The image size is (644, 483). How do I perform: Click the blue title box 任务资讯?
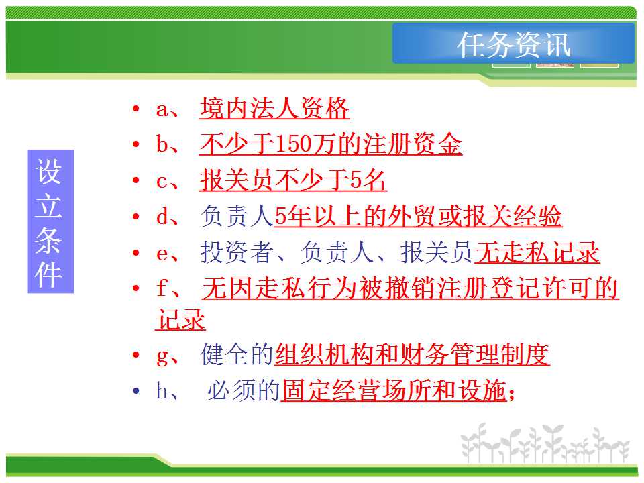(513, 44)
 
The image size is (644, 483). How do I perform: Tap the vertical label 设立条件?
(50, 221)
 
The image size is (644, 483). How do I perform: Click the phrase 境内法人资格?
(274, 109)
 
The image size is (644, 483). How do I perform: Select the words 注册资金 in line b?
(413, 144)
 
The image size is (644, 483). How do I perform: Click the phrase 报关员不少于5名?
(293, 180)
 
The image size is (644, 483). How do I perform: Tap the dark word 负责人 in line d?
(237, 216)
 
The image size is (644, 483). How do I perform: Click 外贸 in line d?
(413, 216)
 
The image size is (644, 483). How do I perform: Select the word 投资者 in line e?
(237, 252)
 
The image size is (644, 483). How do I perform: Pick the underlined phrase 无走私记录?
(537, 252)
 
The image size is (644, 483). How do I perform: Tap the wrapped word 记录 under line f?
(180, 319)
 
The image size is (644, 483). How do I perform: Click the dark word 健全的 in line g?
(237, 354)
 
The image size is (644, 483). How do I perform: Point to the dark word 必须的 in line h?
(244, 390)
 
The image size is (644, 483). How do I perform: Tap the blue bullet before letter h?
(136, 390)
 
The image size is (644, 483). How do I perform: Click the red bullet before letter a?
(136, 109)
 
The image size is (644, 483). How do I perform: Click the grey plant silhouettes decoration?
(545, 443)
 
